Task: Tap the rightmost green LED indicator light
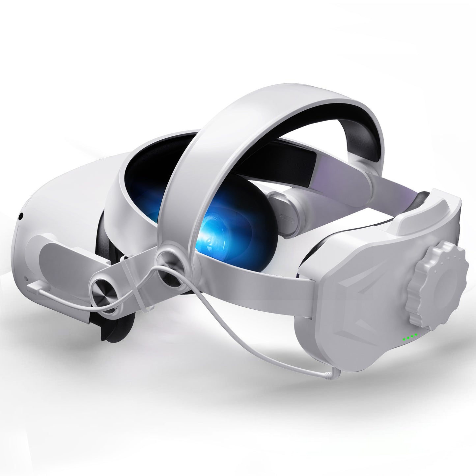(x=416, y=335)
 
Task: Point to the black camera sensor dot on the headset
(x=21, y=216)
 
